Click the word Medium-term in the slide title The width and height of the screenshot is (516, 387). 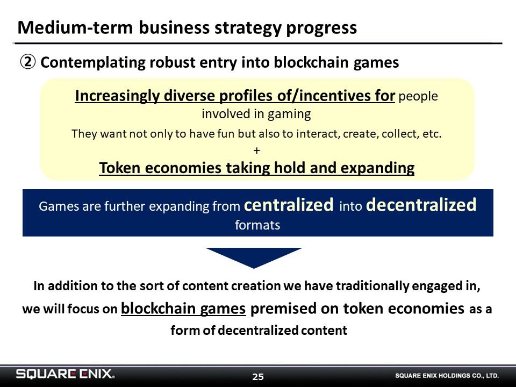click(75, 27)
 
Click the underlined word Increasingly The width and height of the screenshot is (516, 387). click(117, 96)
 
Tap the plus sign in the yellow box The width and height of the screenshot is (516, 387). click(257, 150)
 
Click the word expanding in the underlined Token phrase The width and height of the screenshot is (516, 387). click(377, 168)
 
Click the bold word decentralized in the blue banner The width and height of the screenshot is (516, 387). click(421, 204)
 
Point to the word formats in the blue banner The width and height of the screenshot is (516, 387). click(257, 225)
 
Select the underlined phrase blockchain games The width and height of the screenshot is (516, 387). click(183, 309)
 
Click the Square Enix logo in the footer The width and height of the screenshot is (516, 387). click(65, 374)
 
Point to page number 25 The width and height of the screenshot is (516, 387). click(258, 377)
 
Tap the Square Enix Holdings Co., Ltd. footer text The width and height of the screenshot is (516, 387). click(447, 376)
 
